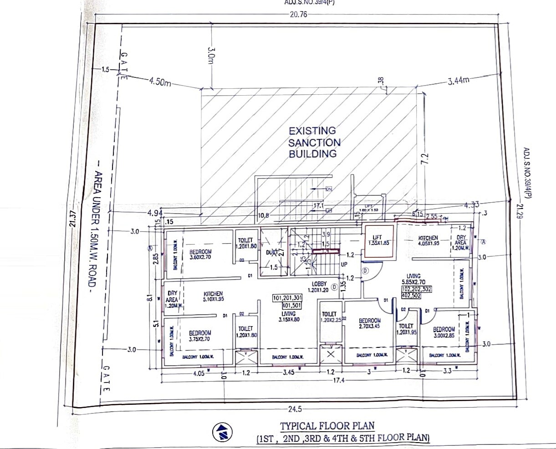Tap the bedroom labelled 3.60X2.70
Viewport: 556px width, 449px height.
[201, 254]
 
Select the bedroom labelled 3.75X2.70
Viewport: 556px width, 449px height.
[200, 336]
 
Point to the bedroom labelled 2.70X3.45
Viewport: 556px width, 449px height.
[369, 323]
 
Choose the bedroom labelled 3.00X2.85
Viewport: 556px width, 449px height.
[444, 332]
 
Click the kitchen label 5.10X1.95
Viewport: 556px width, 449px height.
[213, 296]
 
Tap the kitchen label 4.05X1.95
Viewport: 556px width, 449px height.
[428, 240]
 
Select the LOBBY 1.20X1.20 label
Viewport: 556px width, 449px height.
[319, 287]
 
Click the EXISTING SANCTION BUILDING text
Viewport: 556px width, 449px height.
[314, 142]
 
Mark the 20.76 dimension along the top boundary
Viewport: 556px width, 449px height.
[298, 14]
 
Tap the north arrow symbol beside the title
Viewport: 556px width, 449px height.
[222, 431]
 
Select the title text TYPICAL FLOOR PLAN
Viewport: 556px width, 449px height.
[327, 426]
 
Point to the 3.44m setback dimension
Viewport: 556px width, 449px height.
[457, 81]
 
